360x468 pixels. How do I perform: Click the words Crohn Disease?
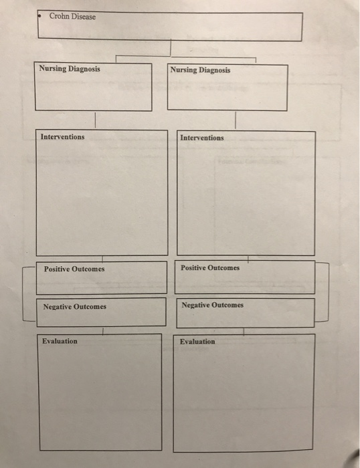[x=72, y=16]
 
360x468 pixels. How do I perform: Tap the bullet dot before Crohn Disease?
[x=39, y=16]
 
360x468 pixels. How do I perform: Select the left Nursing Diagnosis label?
[x=70, y=69]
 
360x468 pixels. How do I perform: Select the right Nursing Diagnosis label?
[x=200, y=70]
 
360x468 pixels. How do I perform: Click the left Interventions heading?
[x=62, y=136]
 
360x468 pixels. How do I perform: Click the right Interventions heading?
[x=202, y=138]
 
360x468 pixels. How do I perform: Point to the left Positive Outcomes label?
[x=74, y=269]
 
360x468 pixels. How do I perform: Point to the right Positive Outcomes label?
[x=210, y=267]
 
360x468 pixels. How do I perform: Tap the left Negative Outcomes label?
[x=75, y=306]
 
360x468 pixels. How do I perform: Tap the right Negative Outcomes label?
[x=212, y=305]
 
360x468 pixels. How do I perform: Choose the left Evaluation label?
[x=60, y=341]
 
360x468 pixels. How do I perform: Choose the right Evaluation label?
[x=197, y=342]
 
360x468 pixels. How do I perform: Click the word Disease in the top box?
[x=84, y=17]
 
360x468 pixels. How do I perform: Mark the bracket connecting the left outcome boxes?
[x=23, y=294]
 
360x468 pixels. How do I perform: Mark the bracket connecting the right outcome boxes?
[x=329, y=292]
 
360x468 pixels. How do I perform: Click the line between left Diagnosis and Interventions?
[x=95, y=120]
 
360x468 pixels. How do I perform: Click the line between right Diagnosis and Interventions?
[x=236, y=120]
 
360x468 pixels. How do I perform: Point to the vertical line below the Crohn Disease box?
[x=171, y=47]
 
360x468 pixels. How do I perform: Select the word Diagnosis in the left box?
[x=84, y=69]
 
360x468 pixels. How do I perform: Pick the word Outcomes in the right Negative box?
[x=228, y=305]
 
